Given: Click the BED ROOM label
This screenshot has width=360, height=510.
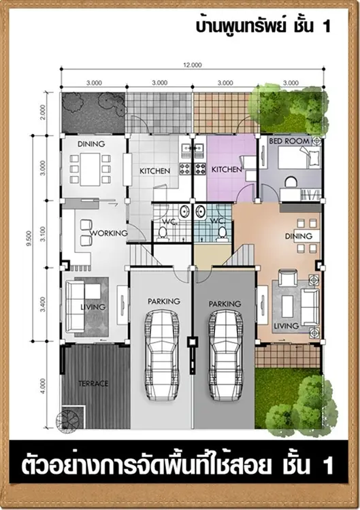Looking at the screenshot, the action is (289, 141).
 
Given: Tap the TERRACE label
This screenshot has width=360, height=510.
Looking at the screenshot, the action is (93, 384).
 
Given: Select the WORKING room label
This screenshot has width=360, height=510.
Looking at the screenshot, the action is (109, 233).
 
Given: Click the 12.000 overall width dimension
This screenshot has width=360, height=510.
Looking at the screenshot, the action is (193, 65).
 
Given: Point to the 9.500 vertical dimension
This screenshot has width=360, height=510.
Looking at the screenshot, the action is (29, 239).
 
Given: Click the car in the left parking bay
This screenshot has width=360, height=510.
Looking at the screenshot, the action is (161, 356).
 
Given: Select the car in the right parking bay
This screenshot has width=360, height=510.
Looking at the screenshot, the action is (225, 356).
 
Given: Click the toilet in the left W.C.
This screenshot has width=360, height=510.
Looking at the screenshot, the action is (163, 233).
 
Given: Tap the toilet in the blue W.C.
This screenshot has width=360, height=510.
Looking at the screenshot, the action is (223, 233).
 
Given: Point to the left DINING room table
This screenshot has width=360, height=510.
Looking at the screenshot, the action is (90, 169).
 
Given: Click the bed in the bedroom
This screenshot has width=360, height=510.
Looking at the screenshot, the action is (298, 158).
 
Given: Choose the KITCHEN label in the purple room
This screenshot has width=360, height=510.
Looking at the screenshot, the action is (227, 169).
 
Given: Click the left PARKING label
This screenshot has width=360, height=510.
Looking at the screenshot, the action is (164, 301).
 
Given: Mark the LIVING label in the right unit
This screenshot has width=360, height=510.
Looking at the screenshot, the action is (286, 326).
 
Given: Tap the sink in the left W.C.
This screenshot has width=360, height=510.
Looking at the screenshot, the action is (184, 211).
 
